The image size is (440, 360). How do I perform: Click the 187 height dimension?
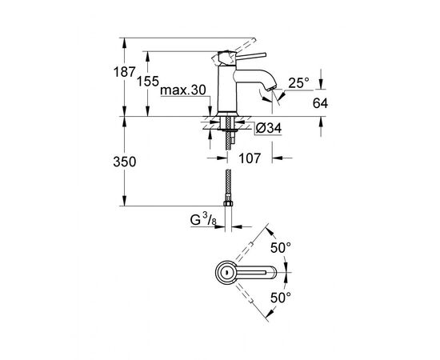point(124,72)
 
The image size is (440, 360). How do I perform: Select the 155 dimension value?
point(148,82)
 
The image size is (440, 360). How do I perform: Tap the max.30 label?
point(183,90)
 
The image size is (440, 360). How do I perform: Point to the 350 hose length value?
point(125,162)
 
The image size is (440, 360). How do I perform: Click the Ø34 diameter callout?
point(269,128)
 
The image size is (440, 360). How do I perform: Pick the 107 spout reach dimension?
point(250,158)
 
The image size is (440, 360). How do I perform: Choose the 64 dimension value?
point(320,103)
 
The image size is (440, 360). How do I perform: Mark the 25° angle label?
point(298,83)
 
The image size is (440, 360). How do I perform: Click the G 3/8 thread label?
point(203,219)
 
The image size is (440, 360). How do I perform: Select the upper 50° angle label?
point(280,248)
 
